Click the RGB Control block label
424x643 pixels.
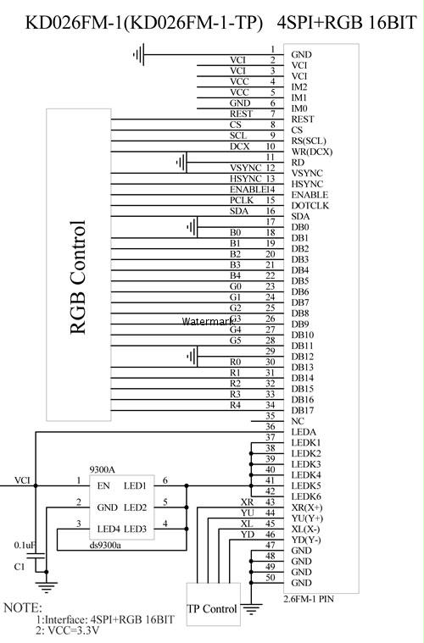click(78, 277)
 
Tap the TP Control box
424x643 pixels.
click(214, 604)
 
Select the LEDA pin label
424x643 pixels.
click(304, 432)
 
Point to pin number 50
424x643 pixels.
click(270, 578)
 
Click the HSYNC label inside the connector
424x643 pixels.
click(307, 184)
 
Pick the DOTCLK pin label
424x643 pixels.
click(310, 206)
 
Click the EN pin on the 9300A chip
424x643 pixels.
click(103, 486)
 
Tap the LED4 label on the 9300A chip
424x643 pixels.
click(109, 529)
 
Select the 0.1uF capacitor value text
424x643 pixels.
click(25, 545)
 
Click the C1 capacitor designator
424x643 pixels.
click(20, 567)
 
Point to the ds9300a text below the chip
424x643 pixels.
click(105, 545)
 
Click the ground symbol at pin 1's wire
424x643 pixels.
click(139, 54)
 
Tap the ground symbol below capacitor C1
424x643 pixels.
click(47, 587)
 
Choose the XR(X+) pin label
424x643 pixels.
click(307, 507)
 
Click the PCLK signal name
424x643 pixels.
click(242, 200)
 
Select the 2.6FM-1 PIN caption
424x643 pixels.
click(309, 599)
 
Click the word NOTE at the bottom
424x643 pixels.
click(23, 607)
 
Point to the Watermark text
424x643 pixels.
click(207, 322)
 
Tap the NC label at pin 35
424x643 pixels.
click(298, 421)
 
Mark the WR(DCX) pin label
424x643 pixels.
click(312, 152)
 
